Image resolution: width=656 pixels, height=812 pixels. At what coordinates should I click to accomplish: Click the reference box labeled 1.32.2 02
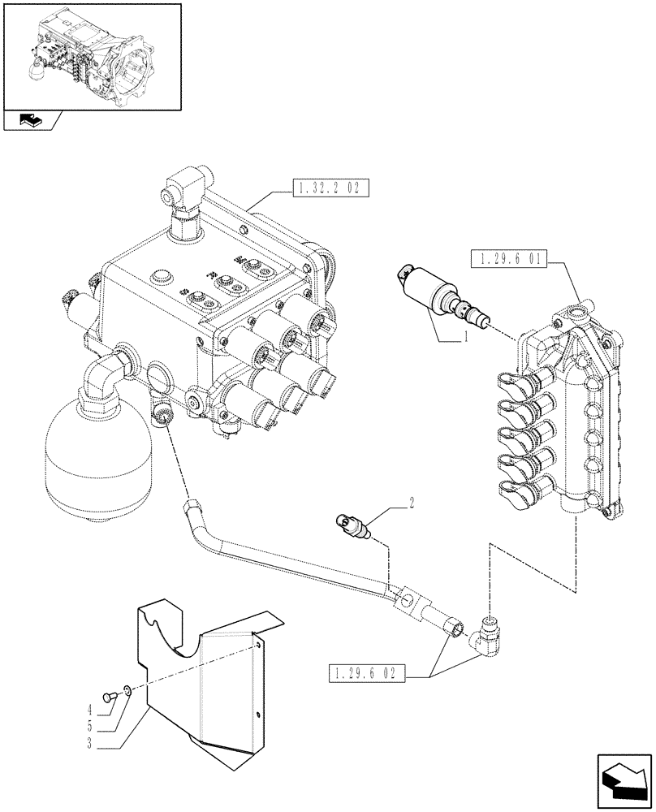[x=329, y=189]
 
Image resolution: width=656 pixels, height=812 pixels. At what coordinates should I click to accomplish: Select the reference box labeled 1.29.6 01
[x=509, y=261]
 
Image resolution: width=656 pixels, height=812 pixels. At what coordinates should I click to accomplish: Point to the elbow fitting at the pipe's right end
[x=489, y=637]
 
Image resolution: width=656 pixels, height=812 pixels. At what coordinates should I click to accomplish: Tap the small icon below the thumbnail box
[x=30, y=122]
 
